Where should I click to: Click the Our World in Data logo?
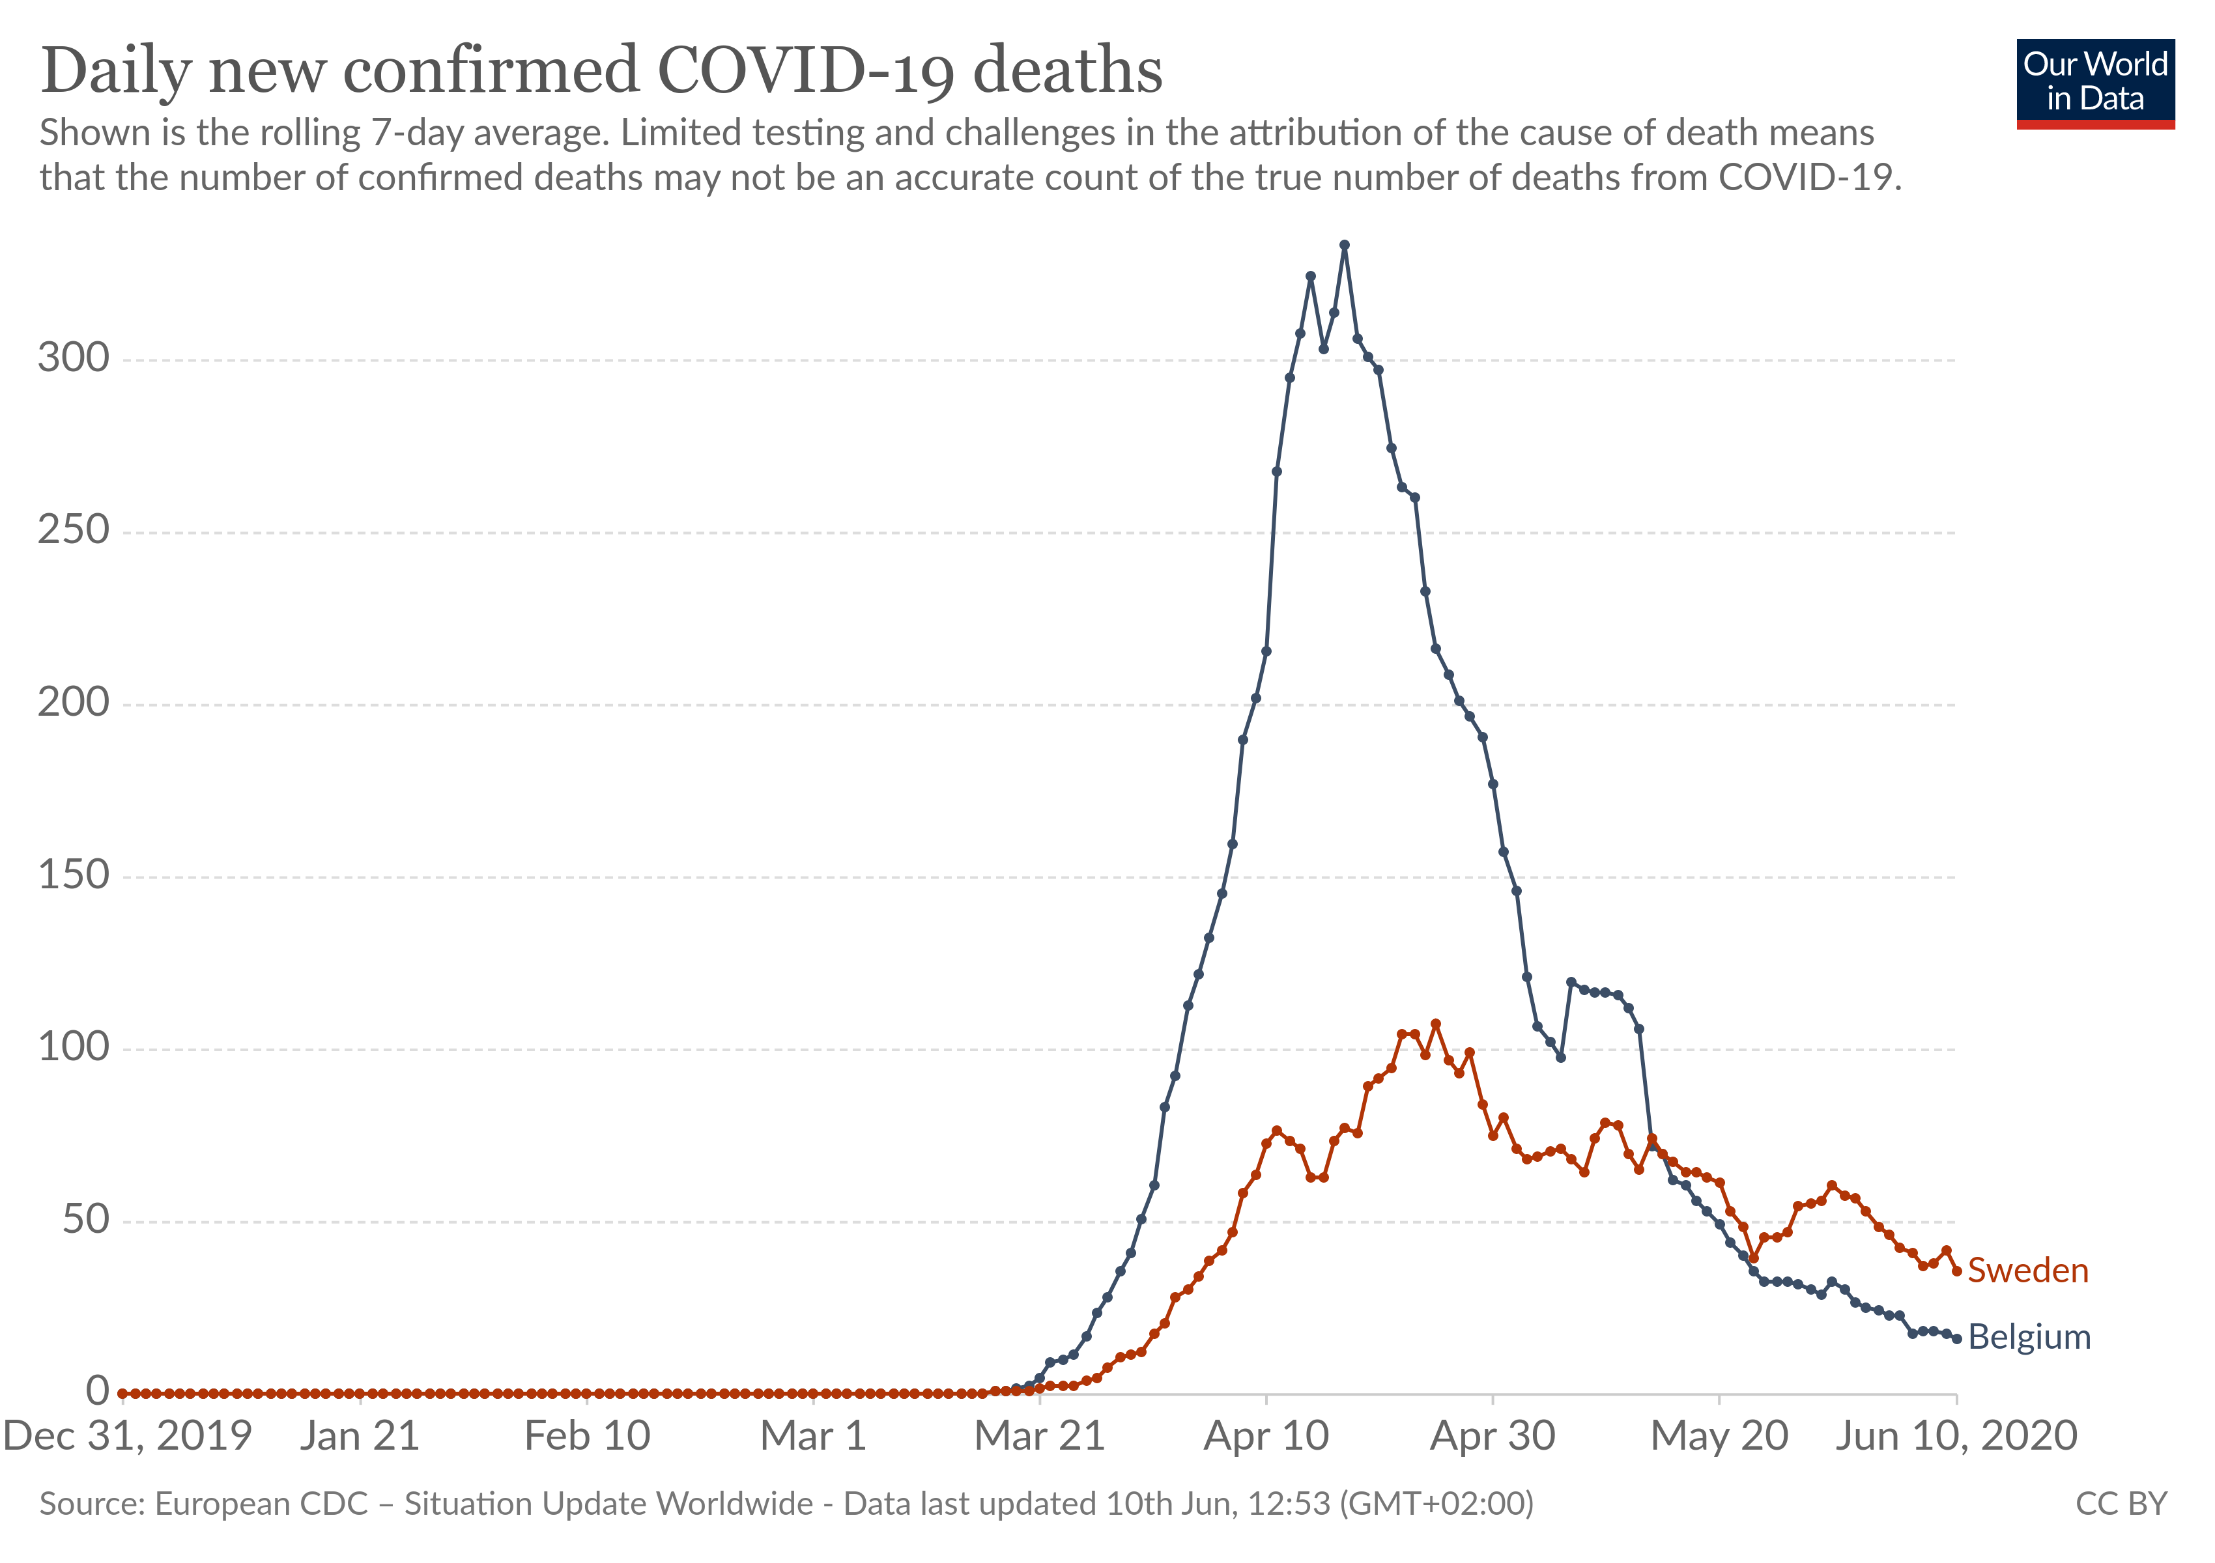tap(2094, 83)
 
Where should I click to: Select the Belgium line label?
tap(2029, 1338)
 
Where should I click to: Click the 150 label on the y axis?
tap(74, 875)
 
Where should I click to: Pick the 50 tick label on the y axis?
tap(85, 1220)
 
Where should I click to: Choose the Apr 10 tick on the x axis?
tap(1266, 1436)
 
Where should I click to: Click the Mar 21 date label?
tap(1039, 1436)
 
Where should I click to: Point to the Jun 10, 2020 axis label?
tap(1956, 1436)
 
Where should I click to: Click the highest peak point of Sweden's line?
tap(1435, 1024)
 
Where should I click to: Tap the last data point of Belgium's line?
tap(1956, 1338)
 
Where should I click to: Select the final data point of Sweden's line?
tap(1956, 1271)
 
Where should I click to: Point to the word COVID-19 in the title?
tap(805, 72)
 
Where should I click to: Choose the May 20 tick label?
tap(1719, 1436)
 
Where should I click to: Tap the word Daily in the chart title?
tap(116, 72)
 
